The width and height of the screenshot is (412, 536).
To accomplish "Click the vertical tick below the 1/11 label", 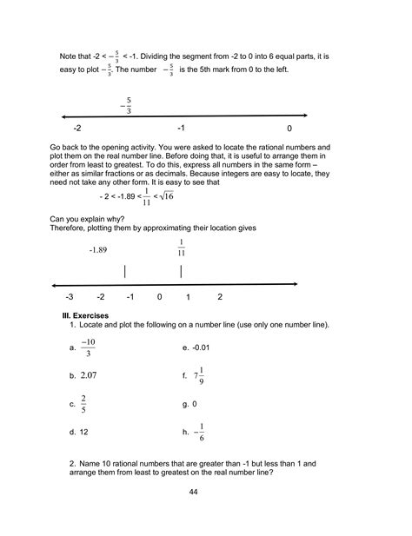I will tap(180, 272).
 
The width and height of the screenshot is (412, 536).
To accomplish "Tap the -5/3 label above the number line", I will tap(127, 106).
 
